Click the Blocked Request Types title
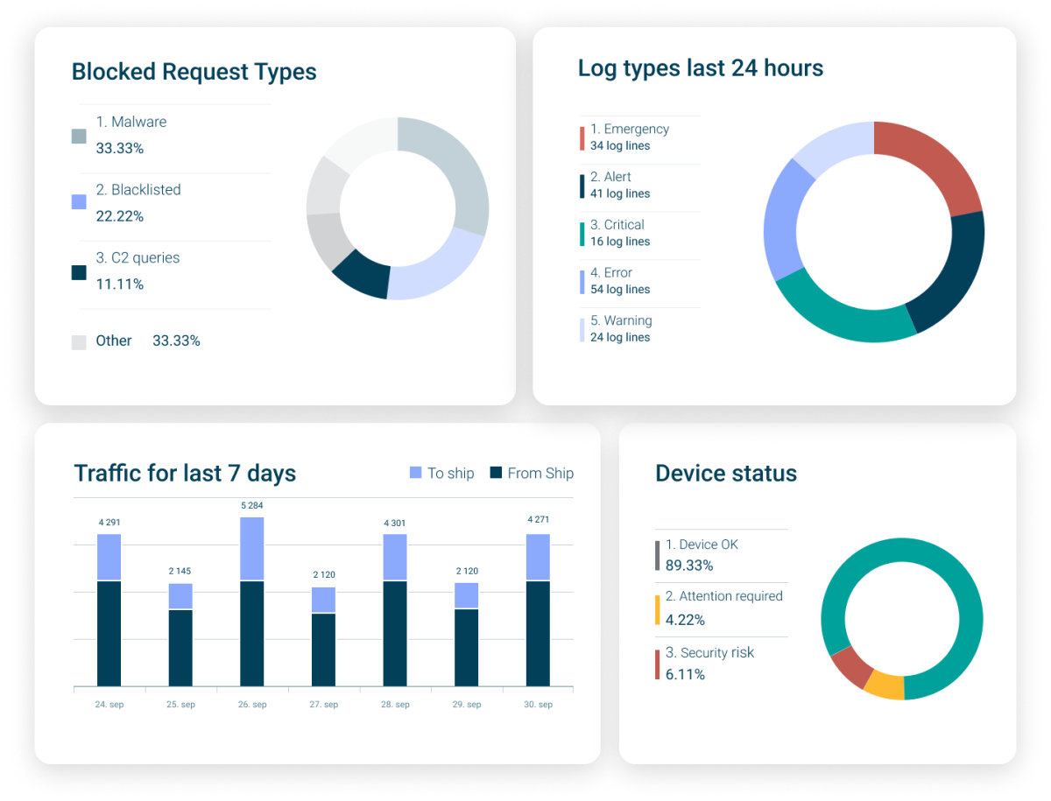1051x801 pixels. pyautogui.click(x=194, y=72)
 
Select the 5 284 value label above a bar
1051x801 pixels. pyautogui.click(x=252, y=505)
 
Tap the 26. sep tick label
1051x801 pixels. pyautogui.click(x=252, y=705)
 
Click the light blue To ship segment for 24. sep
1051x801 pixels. pyautogui.click(x=109, y=557)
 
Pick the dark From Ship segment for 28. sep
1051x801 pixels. pyautogui.click(x=395, y=633)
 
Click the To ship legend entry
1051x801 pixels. pyautogui.click(x=442, y=473)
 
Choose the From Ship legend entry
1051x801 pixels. pyautogui.click(x=532, y=473)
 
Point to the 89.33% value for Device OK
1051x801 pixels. pyautogui.click(x=689, y=566)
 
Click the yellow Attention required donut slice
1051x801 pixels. pyautogui.click(x=883, y=685)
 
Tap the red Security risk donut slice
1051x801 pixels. pyautogui.click(x=850, y=666)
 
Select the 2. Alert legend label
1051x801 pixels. pyautogui.click(x=610, y=177)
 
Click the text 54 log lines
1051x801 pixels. pyautogui.click(x=620, y=290)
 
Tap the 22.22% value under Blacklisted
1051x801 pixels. pyautogui.click(x=120, y=216)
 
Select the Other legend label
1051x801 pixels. pyautogui.click(x=114, y=341)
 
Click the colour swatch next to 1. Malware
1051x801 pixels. pyautogui.click(x=79, y=136)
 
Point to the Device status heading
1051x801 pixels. pyautogui.click(x=726, y=474)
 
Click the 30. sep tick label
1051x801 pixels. pyautogui.click(x=538, y=705)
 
